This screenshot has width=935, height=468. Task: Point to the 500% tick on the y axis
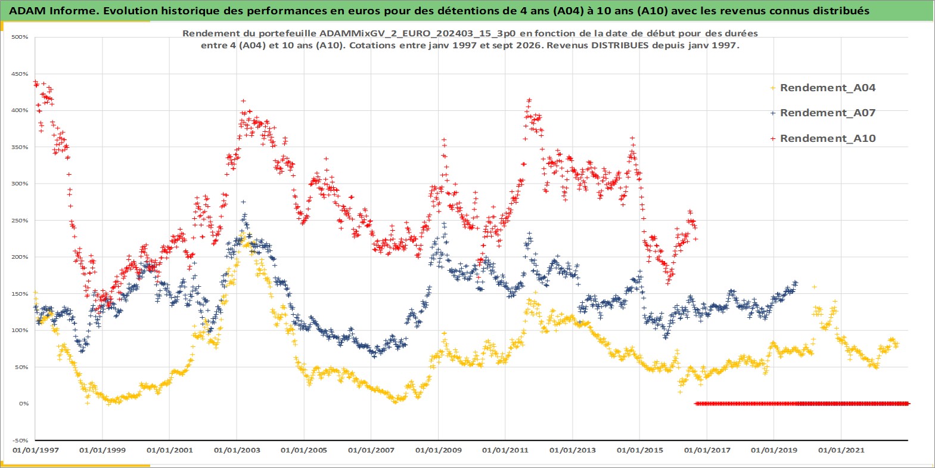[x=20, y=37]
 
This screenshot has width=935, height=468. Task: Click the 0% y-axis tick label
[x=23, y=404]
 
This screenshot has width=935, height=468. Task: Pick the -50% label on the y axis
[x=20, y=441]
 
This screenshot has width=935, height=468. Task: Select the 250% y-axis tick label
[x=20, y=221]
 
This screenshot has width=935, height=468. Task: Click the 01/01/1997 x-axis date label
[x=36, y=450]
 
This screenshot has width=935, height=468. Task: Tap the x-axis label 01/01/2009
[x=438, y=450]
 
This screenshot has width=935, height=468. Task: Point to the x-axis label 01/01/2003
[x=237, y=450]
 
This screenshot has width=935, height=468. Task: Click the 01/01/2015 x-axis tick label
[x=639, y=450]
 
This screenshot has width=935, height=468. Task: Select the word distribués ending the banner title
[x=843, y=11]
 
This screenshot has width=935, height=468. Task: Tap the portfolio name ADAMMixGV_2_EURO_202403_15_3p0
[x=417, y=33]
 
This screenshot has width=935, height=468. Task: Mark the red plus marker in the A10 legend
[x=773, y=138]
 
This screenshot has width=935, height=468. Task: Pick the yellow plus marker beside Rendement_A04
[x=773, y=88]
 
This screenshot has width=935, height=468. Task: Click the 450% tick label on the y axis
[x=20, y=74]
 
